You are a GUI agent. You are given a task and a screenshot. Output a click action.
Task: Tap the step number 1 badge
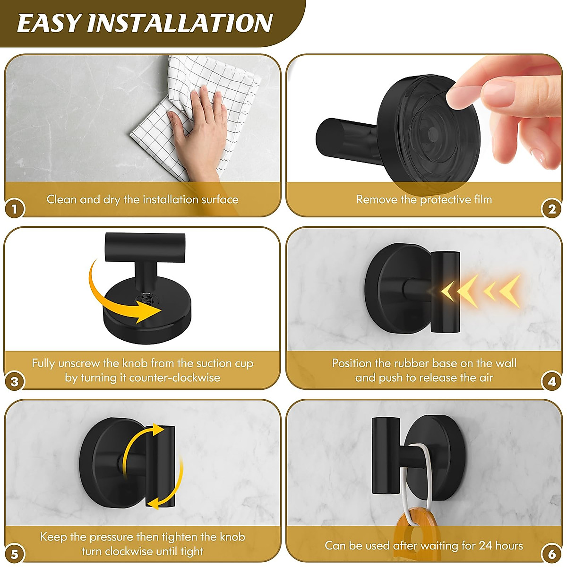(x=15, y=208)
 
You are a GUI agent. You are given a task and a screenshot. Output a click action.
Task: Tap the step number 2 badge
(x=552, y=208)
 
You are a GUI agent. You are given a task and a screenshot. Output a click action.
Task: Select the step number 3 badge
(x=15, y=381)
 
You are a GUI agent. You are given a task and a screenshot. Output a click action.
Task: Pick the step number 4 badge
(x=552, y=381)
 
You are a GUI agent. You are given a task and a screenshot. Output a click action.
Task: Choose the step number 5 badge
(x=15, y=554)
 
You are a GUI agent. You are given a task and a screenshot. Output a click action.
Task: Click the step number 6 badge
(x=552, y=554)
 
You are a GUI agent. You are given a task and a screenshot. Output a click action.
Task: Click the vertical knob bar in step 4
(x=445, y=292)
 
